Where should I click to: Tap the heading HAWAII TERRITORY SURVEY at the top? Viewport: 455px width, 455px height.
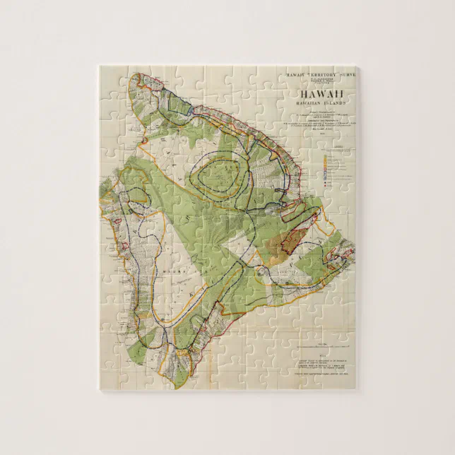319,74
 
